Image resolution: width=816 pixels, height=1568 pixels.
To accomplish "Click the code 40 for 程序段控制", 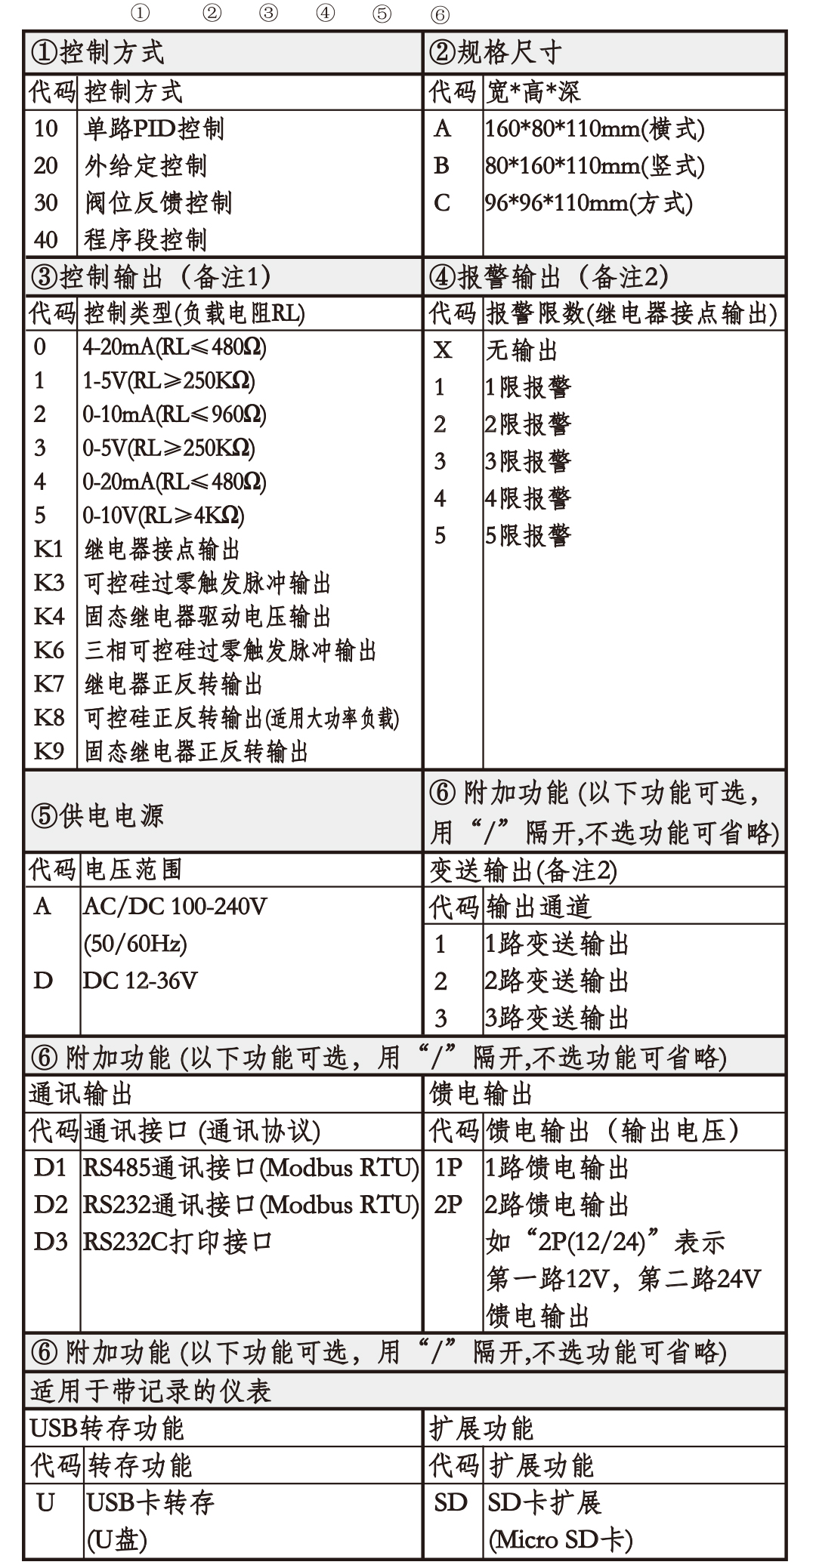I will [46, 240].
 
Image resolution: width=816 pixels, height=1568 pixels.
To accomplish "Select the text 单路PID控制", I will [154, 129].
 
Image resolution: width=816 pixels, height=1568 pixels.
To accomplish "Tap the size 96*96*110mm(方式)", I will [589, 203].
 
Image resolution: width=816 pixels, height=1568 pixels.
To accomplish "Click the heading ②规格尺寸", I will [495, 53].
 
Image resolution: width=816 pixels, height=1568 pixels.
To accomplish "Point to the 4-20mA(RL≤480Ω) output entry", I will [175, 347].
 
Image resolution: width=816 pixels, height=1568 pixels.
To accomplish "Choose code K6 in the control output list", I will [49, 651].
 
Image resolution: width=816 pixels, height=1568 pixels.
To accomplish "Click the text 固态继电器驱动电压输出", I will [208, 617].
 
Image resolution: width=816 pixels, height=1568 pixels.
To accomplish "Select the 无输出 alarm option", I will [521, 350].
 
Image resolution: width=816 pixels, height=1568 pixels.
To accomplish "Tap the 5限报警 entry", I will [528, 536].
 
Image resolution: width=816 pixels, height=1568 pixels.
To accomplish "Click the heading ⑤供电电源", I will [97, 815].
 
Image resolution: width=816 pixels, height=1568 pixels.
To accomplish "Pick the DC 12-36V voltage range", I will [141, 981].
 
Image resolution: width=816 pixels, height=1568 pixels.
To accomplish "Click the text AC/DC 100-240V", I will [175, 906].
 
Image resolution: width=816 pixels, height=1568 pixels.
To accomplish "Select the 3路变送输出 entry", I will [557, 1018].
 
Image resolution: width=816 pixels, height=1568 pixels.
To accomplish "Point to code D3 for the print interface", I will [51, 1242].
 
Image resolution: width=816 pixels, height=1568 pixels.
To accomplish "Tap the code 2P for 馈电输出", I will [448, 1205].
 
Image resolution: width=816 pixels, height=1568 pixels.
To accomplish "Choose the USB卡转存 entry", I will [150, 1502].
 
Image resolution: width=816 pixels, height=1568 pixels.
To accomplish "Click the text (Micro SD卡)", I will [561, 1539].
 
